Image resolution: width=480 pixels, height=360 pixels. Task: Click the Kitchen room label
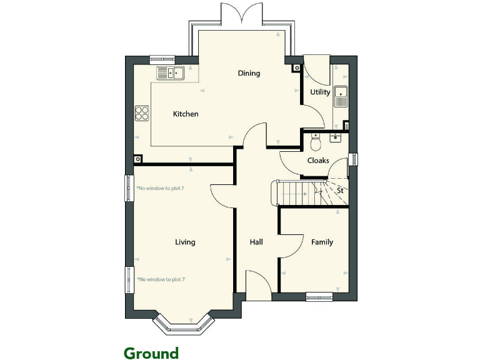186,114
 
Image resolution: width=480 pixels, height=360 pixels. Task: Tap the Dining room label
249,73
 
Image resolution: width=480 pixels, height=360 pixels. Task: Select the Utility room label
320,92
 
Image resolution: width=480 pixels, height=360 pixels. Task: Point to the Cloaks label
318,161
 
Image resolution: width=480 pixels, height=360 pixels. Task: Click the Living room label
185,242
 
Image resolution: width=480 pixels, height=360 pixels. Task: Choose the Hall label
256,242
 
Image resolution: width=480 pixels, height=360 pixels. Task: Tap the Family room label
322,242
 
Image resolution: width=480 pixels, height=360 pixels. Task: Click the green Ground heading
151,353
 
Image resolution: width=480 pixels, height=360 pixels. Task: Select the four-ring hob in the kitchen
142,113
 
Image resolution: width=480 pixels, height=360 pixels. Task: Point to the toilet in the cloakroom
316,143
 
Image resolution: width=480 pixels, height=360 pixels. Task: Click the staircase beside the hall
299,193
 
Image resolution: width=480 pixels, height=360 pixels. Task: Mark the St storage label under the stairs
340,190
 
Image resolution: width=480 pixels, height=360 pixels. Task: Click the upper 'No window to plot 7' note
161,188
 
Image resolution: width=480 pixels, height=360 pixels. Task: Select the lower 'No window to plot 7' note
161,279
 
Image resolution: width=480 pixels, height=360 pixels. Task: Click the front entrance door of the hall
258,284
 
